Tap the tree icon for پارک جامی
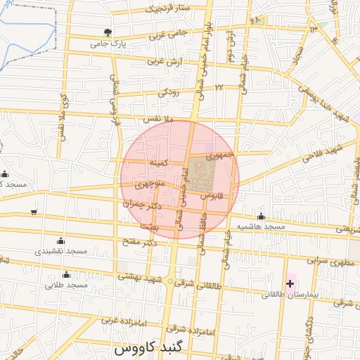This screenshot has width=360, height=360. tap(107, 32)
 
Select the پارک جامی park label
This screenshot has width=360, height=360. tap(107, 44)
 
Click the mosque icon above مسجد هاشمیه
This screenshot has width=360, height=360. tap(261, 217)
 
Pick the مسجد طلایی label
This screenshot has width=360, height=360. tap(66, 285)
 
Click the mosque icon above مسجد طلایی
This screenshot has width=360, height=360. tap(67, 274)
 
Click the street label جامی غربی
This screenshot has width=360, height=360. tap(167, 33)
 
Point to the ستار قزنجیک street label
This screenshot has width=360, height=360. tap(169, 9)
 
